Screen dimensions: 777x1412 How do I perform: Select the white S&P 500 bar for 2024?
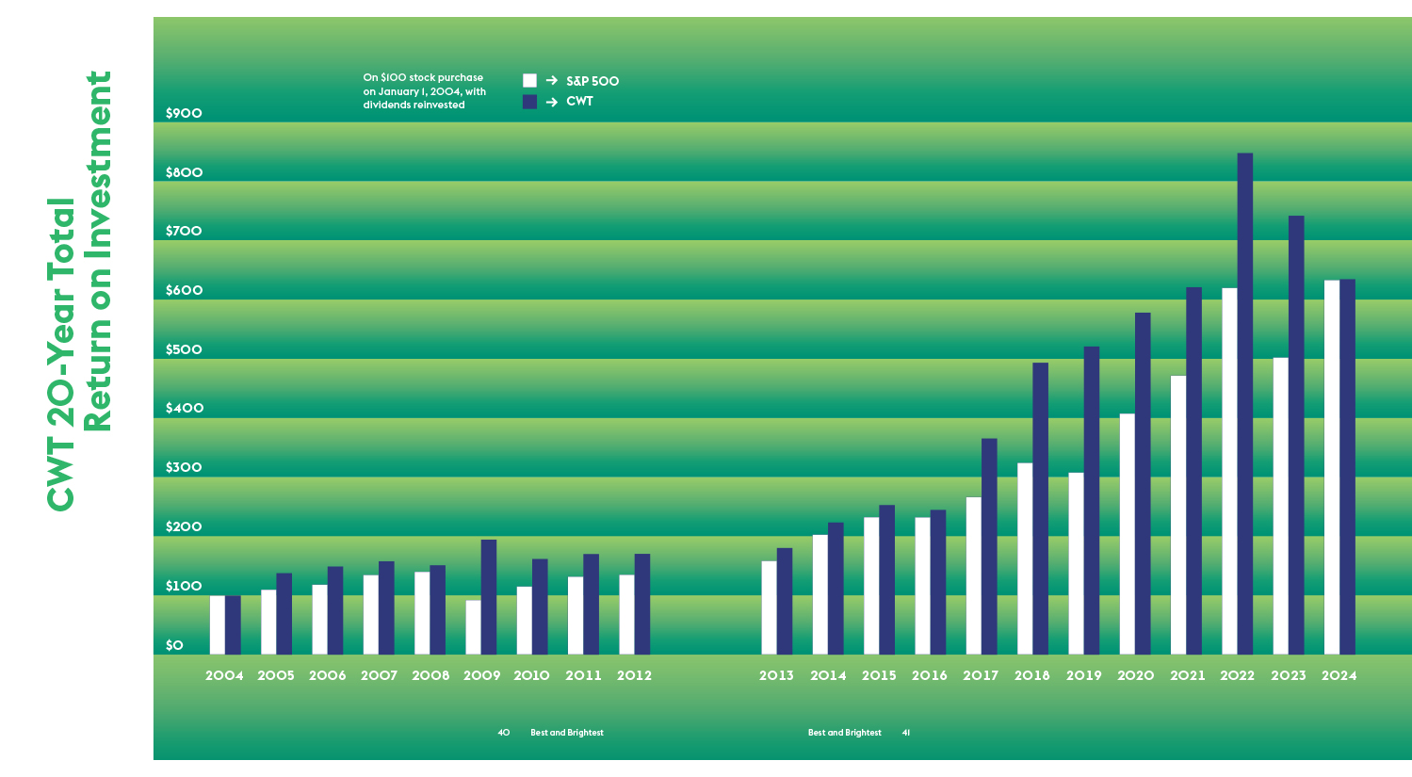1331,467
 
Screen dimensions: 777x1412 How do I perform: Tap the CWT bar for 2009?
488,597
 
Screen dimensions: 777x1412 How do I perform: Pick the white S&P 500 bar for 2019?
1076,563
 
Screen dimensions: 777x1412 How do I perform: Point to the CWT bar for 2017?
989,546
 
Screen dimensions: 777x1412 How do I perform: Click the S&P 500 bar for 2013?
769,607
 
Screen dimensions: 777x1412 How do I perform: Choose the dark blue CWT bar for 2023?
1296,435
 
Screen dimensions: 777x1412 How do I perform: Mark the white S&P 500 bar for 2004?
217,624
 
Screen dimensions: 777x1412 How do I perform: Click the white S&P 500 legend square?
529,81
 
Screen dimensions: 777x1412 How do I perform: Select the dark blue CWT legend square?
529,102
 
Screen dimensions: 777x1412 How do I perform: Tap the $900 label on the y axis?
184,113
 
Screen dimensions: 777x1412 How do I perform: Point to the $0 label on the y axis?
174,645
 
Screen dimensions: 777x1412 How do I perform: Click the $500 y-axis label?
184,349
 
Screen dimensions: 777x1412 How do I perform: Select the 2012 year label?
634,675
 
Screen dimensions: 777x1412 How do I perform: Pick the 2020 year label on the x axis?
1135,675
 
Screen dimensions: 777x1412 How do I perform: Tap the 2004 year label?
224,675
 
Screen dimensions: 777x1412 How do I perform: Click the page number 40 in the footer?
504,733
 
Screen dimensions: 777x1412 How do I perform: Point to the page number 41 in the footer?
906,733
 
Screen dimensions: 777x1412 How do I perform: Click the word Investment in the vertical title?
98,165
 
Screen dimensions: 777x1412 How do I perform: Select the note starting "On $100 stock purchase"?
424,91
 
